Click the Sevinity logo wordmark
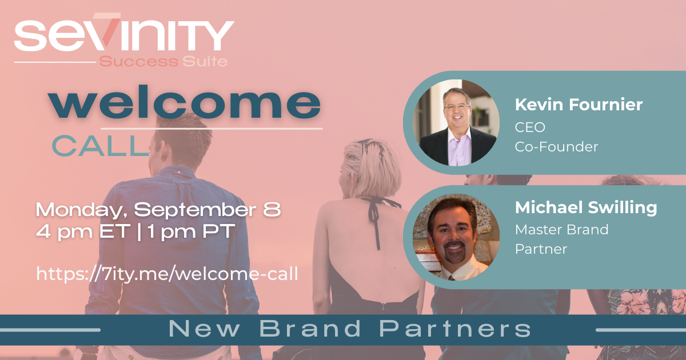click(124, 32)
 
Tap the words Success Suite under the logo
click(163, 62)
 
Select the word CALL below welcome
click(101, 146)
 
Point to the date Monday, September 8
click(158, 210)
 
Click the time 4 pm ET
click(83, 231)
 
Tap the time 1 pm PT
click(191, 231)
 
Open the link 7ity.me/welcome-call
click(167, 273)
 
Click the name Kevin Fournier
click(579, 105)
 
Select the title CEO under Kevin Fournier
click(530, 127)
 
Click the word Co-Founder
click(556, 147)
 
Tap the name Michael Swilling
click(586, 208)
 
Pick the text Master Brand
click(561, 230)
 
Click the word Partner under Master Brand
click(541, 249)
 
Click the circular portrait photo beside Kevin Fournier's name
click(456, 123)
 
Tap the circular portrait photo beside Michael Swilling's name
click(456, 237)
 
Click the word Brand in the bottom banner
click(310, 329)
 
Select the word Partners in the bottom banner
click(455, 329)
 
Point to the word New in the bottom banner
click(204, 329)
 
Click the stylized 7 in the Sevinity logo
click(108, 29)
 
